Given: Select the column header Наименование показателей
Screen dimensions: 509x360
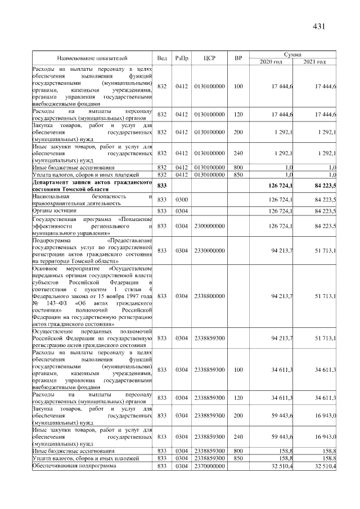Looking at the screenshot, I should point(92,58).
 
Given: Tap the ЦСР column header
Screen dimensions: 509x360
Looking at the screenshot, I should point(209,58).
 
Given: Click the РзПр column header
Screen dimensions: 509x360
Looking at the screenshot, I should point(182,58).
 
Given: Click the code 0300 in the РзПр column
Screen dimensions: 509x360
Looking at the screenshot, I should point(182,199).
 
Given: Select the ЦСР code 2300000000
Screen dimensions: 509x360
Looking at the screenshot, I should point(209,226).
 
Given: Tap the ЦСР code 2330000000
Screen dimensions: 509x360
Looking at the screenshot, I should point(209,250).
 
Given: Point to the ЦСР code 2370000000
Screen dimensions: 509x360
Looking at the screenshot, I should point(209,466).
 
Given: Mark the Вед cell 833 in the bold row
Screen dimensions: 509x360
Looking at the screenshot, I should point(162,185).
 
